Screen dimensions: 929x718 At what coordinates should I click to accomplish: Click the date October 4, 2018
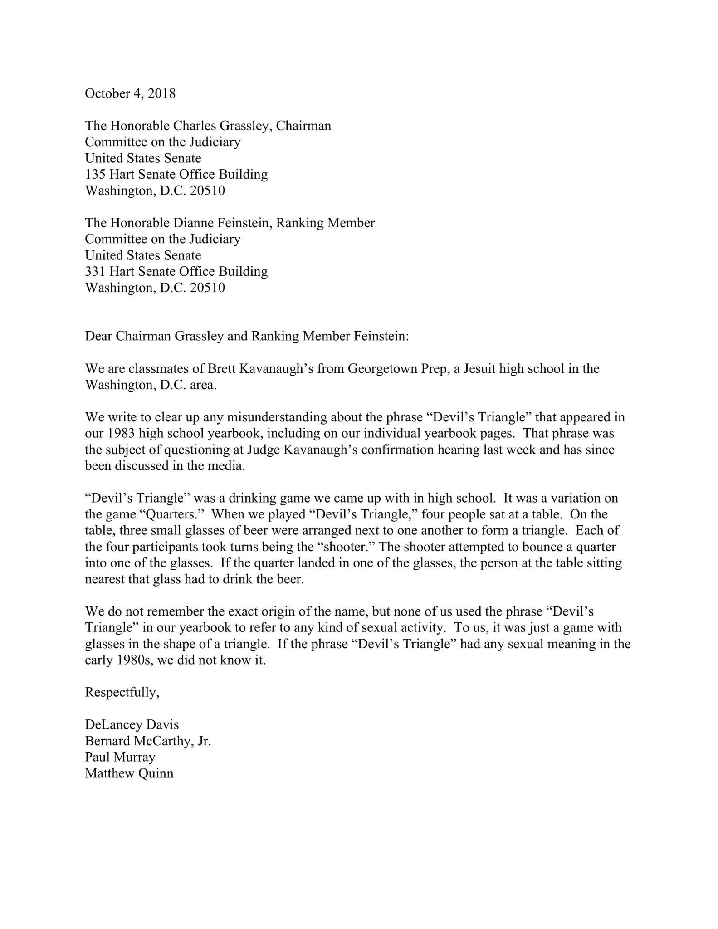pos(130,93)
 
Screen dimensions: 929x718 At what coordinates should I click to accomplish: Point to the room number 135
pos(95,174)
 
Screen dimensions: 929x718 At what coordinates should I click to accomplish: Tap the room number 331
pos(95,272)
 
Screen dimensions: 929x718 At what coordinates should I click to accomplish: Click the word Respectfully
pos(122,693)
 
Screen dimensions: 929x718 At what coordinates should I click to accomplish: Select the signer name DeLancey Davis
pos(132,725)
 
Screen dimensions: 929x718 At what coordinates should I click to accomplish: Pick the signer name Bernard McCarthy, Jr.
pos(148,741)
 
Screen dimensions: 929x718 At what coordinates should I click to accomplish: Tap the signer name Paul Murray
pos(120,757)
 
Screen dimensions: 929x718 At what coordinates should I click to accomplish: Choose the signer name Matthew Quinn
pos(129,773)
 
